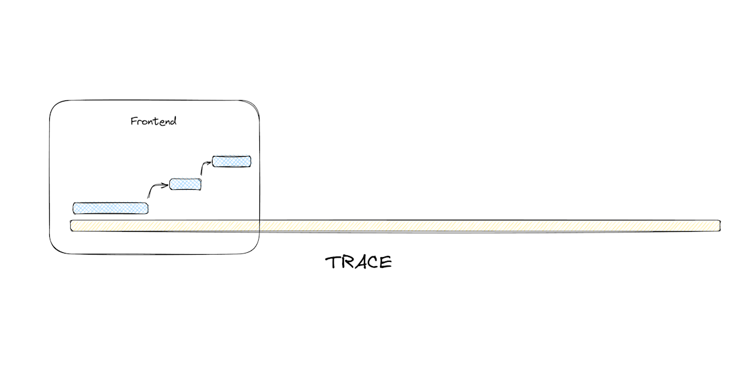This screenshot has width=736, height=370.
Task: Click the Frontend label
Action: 154,121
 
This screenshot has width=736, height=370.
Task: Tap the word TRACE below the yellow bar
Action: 359,262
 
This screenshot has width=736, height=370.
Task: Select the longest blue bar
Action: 110,208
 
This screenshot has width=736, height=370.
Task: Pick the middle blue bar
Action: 185,184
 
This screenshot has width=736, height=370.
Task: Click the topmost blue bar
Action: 232,161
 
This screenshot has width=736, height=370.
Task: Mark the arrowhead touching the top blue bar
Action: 210,161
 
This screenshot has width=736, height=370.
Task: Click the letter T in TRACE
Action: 333,262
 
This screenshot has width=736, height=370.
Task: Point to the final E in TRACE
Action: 386,262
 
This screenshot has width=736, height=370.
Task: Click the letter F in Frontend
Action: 134,121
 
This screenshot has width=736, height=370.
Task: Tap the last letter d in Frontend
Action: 173,121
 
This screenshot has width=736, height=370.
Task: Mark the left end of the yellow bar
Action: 73,226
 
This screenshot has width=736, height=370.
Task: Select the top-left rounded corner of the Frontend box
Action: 56,107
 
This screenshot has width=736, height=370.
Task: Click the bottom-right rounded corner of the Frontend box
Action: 254,247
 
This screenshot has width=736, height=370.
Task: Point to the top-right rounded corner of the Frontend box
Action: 253,107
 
